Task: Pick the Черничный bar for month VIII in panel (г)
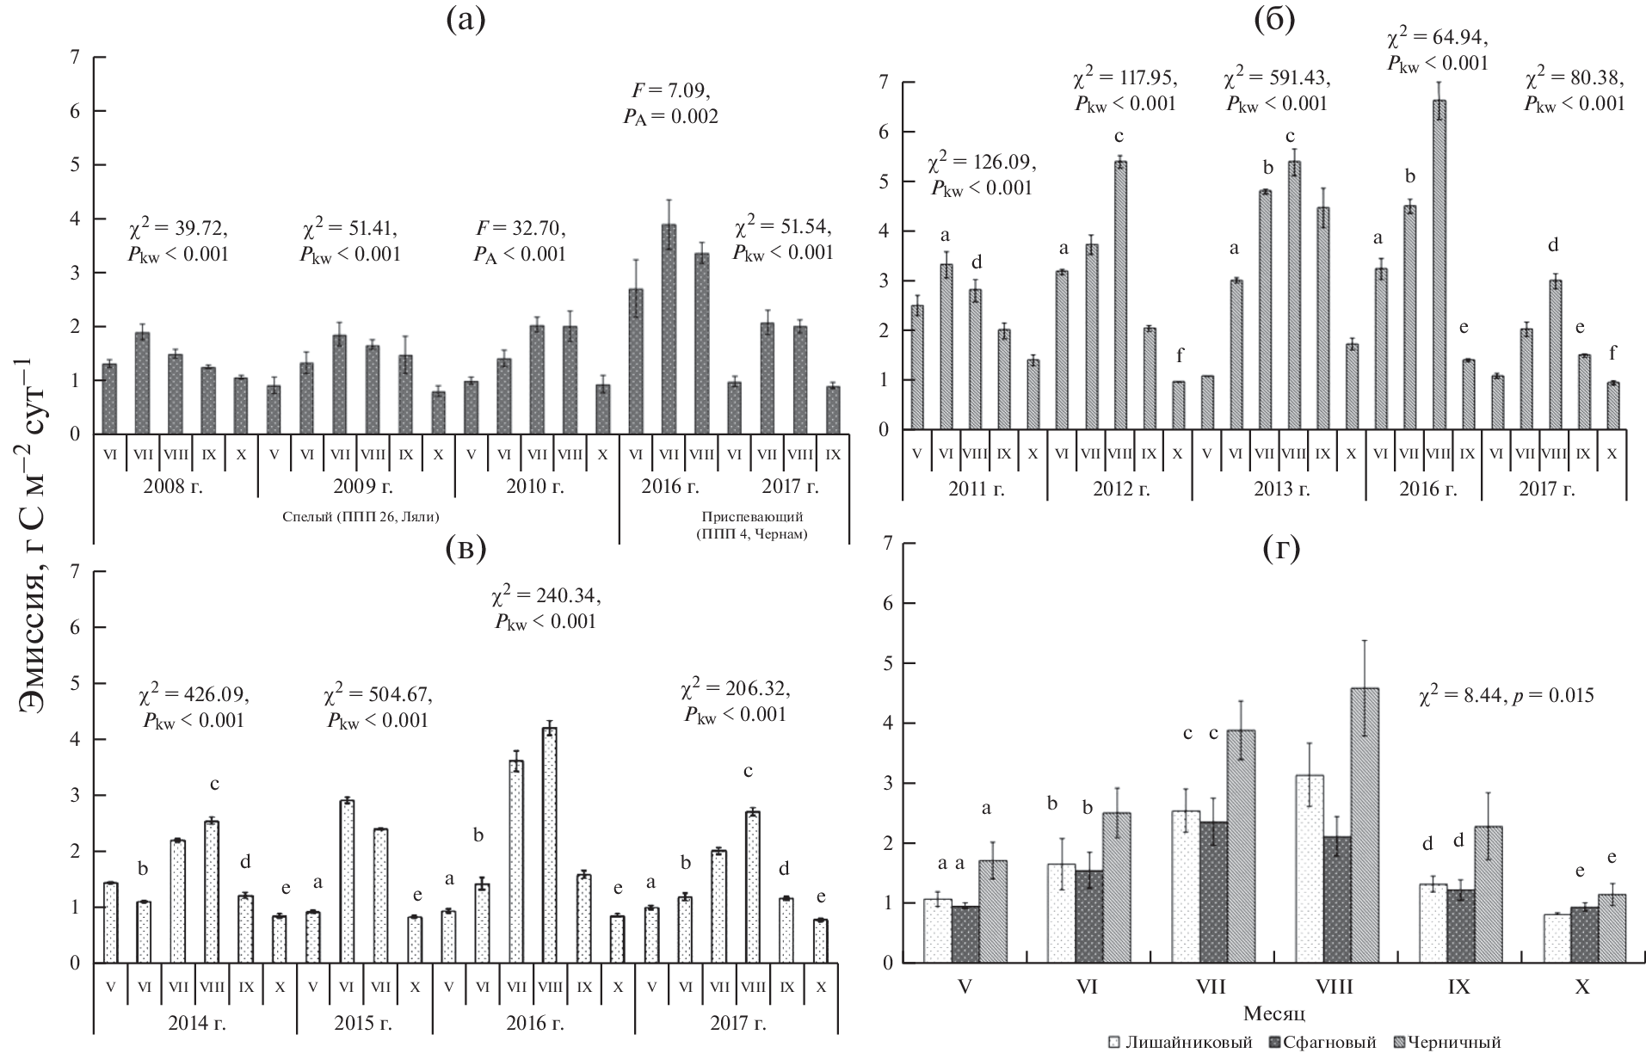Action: (x=1360, y=825)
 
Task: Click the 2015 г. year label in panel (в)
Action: (x=364, y=1024)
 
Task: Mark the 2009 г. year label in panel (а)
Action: (x=356, y=486)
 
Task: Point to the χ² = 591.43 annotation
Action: (x=1277, y=89)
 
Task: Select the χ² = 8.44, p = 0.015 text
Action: (x=1506, y=695)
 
